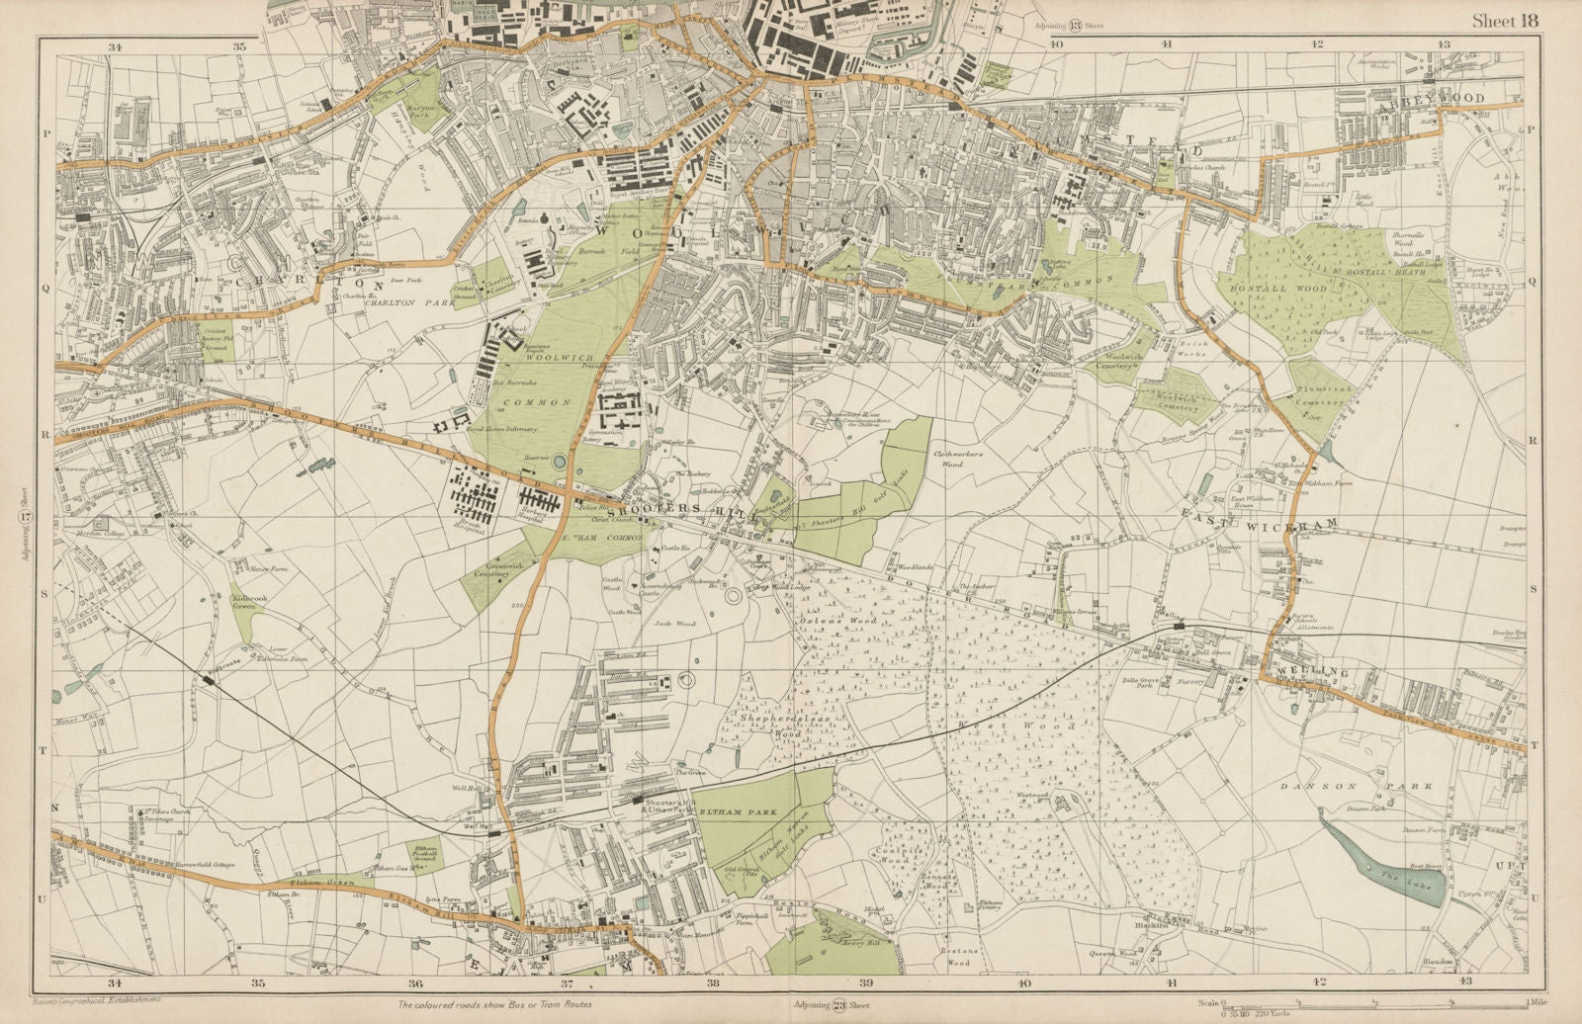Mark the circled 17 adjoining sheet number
27,517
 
